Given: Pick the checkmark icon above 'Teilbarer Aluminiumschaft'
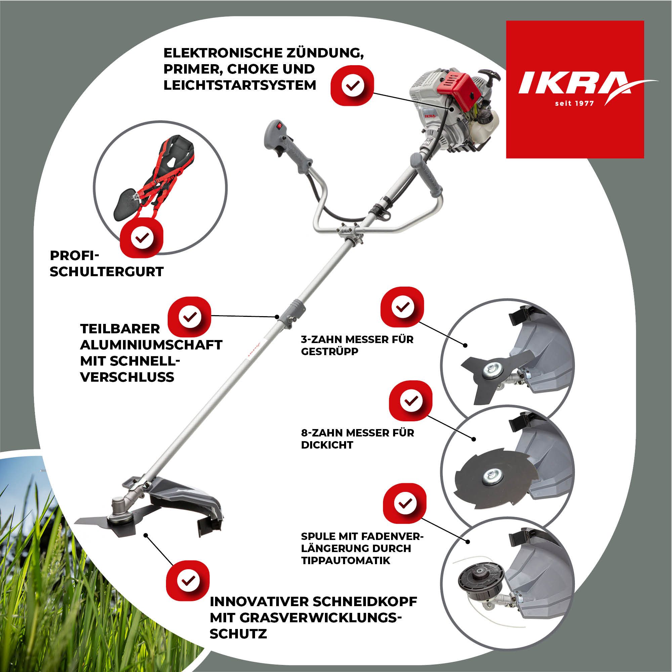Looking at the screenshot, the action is point(190,317).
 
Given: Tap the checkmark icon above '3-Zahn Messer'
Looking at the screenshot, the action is point(403,307).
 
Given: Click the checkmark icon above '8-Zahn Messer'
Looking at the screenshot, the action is point(411,401).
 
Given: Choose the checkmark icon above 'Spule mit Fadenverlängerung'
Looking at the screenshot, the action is point(405,503).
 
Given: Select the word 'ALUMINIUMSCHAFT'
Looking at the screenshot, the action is point(151,345).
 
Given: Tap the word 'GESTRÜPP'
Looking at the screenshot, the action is point(329,352).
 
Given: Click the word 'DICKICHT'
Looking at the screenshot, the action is point(327,445).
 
